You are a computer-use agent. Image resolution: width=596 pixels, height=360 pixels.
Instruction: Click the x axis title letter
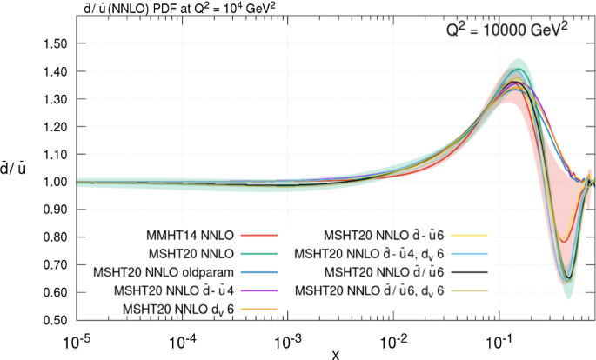click(x=334, y=352)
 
